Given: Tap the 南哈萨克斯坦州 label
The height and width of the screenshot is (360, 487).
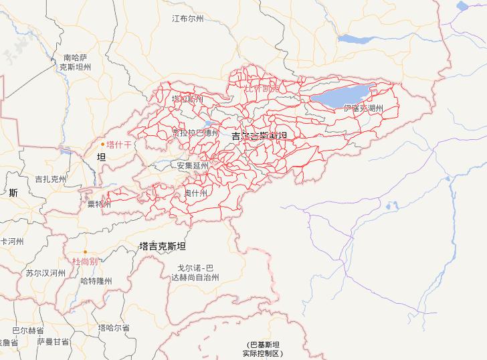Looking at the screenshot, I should pos(76,62).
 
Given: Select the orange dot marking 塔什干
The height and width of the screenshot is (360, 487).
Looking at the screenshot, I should pos(102,144).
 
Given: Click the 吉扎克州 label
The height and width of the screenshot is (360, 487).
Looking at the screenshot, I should pos(51,179).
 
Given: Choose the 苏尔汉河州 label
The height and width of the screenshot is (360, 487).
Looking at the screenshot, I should pos(45,273).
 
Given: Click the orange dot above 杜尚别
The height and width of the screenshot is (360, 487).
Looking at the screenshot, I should pos(85,252).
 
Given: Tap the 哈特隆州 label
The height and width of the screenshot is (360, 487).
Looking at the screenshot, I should pos(96,281).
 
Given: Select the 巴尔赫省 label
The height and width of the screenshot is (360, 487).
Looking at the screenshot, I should pos(28,331).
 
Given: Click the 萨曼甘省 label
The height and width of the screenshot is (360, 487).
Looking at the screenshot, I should pos(53,341).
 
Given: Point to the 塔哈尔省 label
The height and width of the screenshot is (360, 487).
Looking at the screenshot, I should pos(114,327).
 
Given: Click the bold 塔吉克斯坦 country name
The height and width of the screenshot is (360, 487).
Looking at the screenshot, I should pos(162,246).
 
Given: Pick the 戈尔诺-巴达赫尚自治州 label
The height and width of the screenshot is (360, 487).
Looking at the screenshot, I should pos(194,272).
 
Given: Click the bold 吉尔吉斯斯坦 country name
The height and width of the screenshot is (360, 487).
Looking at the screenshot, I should pos(259,136).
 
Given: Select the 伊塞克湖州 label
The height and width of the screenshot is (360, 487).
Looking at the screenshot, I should pos(363,108).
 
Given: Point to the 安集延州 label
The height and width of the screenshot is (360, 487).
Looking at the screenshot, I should pos(193,165).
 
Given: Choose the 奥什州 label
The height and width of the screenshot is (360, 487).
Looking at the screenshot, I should pos(196,193).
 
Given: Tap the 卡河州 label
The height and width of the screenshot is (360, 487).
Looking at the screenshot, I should pos(12,241).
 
